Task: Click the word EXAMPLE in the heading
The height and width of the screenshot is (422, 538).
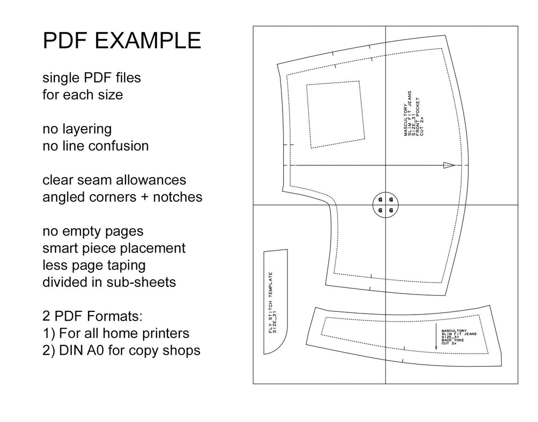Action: pos(148,41)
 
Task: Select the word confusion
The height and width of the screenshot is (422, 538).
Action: pos(118,146)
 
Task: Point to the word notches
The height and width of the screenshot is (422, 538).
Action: pos(177,197)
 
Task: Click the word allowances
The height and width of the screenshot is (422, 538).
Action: pos(151,180)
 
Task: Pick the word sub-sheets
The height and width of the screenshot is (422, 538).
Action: pos(141,282)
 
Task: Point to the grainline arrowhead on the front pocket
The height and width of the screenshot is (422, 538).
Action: pos(449,165)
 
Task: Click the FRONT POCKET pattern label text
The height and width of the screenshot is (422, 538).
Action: pos(417,117)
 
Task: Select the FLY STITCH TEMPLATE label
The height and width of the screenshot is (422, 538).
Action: pos(272,303)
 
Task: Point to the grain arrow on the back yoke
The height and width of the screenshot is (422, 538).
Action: pos(436,336)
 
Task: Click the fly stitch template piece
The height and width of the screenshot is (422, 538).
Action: pos(276,302)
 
